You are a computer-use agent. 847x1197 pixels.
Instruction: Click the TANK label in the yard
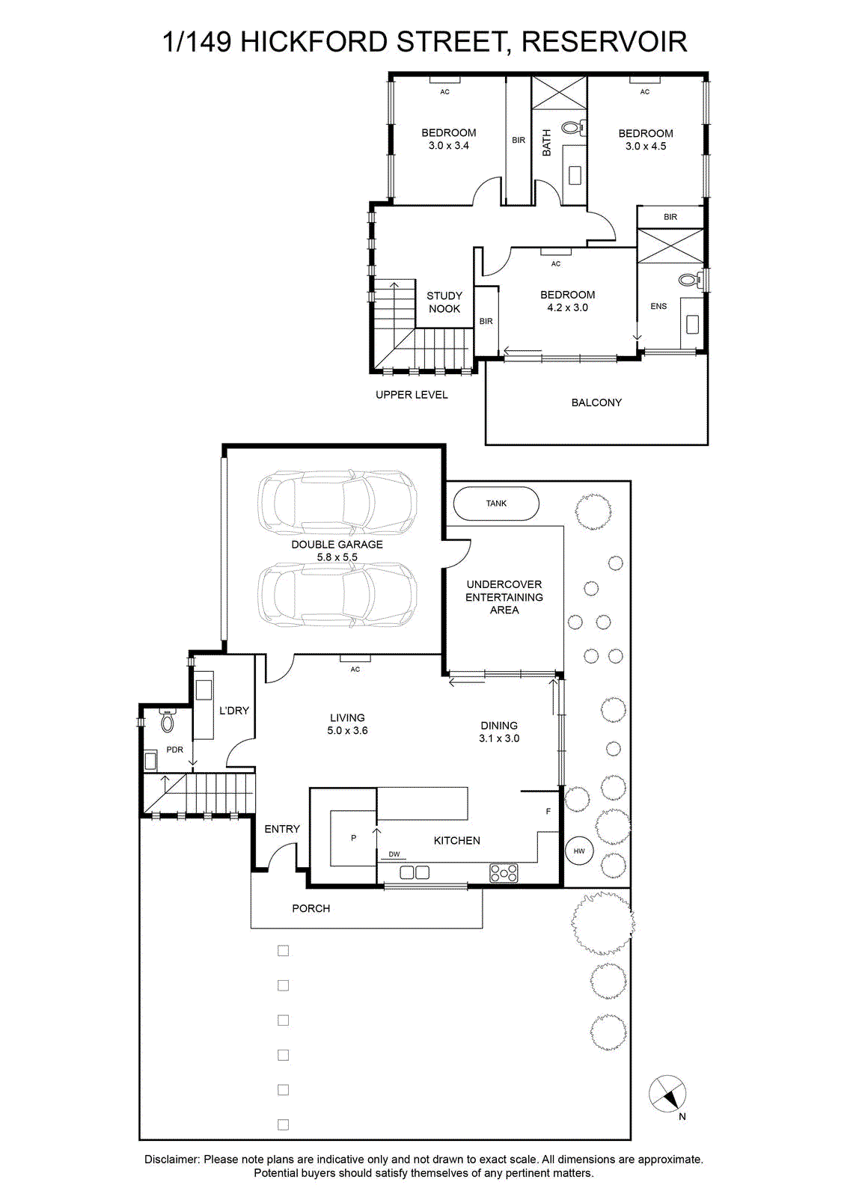point(496,503)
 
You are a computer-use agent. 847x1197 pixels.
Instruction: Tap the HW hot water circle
point(578,851)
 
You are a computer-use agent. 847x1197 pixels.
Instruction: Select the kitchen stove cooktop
point(504,872)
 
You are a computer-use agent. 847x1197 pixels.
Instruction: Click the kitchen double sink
point(415,872)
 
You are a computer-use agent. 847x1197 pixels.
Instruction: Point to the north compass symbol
point(667,1093)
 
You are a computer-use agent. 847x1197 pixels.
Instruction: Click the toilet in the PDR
point(168,721)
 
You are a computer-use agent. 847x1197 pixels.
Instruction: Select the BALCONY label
point(596,402)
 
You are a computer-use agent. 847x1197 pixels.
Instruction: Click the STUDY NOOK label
point(444,302)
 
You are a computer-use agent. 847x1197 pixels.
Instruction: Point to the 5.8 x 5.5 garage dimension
point(337,557)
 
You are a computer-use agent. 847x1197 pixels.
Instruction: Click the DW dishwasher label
point(394,854)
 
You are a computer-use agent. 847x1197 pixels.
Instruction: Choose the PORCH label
point(311,908)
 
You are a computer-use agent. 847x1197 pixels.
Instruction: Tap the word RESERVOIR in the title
point(604,42)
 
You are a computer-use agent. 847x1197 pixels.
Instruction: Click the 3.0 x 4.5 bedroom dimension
point(646,146)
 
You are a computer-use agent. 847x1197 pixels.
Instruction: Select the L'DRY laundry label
point(234,710)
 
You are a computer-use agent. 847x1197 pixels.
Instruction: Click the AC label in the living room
point(355,669)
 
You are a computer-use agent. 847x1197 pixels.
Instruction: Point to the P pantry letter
point(353,838)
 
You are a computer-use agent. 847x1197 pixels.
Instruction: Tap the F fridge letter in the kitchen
point(548,811)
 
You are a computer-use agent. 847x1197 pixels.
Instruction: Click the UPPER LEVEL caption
point(412,394)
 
